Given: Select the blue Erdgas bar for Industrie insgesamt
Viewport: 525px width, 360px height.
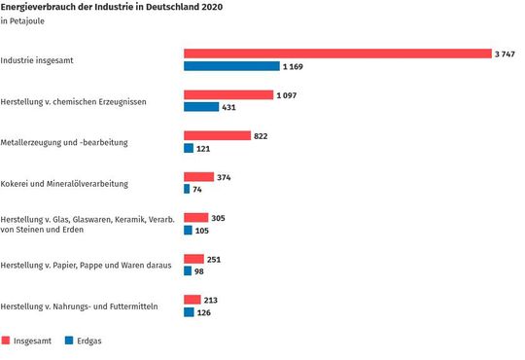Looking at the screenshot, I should coord(230,66).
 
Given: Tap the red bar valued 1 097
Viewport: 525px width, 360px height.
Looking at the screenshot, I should coord(228,94).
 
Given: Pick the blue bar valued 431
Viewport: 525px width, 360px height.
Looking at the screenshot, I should coord(201,107).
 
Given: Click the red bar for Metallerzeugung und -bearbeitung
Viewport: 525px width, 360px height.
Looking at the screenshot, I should coord(217,135).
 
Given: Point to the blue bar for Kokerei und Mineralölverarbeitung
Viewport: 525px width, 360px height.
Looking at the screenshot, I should coord(187,189).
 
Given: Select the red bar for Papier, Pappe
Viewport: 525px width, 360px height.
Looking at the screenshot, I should coord(193,259).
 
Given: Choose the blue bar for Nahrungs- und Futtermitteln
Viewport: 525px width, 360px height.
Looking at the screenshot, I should coord(189,312).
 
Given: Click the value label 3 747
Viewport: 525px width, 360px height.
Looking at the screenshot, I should coord(507,54).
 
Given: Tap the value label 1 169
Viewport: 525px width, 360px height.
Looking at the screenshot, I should coord(294,66).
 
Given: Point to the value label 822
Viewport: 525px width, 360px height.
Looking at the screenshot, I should coord(261,135).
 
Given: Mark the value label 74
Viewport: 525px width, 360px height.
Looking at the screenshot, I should coord(199,189).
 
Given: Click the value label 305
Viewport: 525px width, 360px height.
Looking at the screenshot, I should coord(218,218).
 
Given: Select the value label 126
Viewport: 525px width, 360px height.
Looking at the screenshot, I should coord(205,312).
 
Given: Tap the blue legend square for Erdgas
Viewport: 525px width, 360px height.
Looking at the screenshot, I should coord(69,342).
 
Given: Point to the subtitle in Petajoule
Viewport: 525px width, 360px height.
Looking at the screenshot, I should coord(22,21).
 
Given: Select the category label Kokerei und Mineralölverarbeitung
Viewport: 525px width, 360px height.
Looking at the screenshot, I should coord(64,183).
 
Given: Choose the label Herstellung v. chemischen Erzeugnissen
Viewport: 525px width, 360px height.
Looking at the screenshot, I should coord(73,100).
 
